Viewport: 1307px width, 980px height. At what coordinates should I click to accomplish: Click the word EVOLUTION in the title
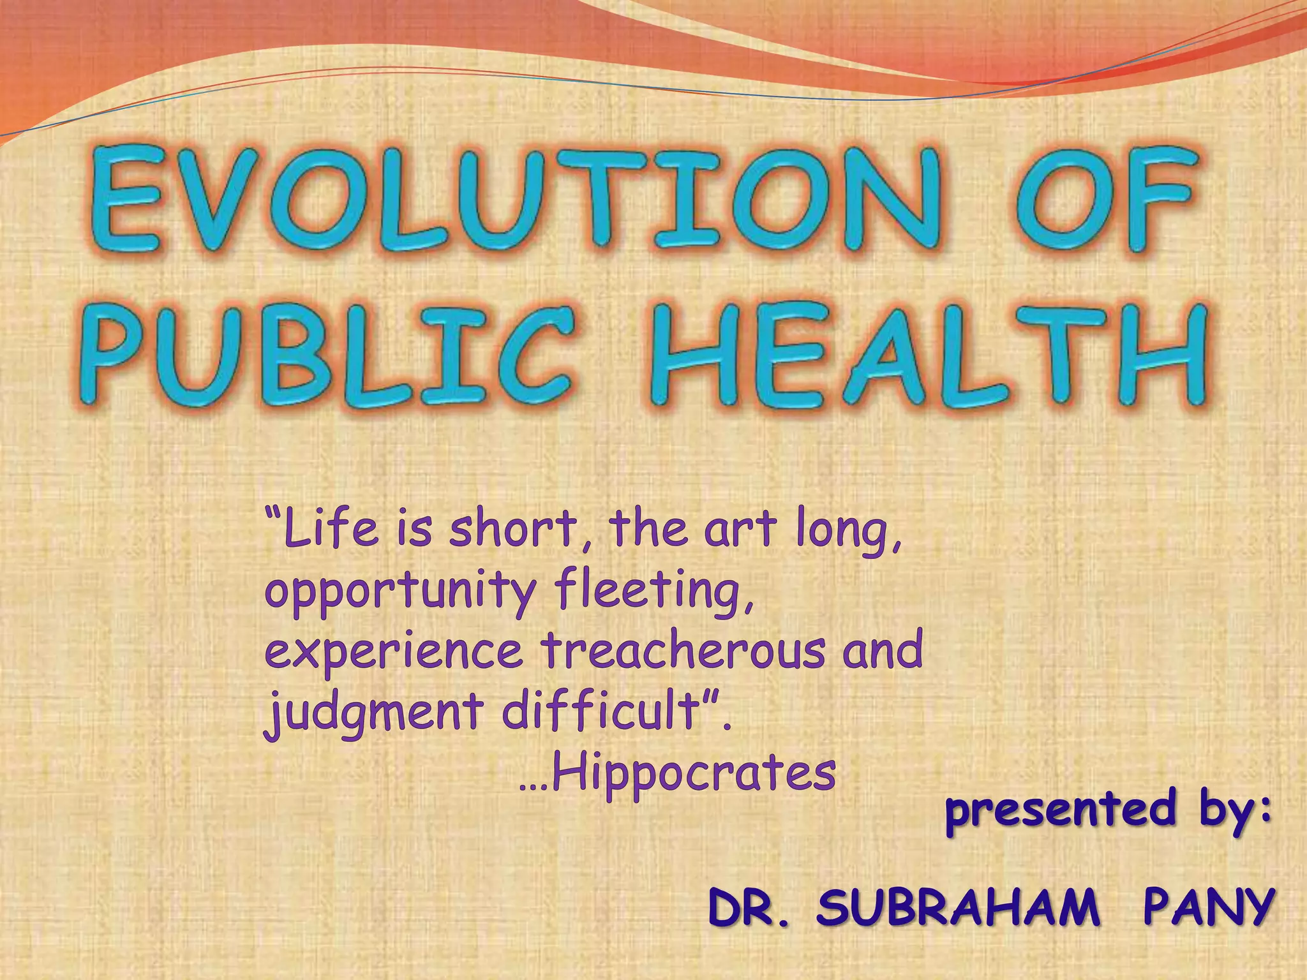tap(517, 199)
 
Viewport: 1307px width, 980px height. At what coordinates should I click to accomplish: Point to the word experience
tap(393, 651)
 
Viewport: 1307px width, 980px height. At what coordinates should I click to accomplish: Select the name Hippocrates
tap(692, 773)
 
